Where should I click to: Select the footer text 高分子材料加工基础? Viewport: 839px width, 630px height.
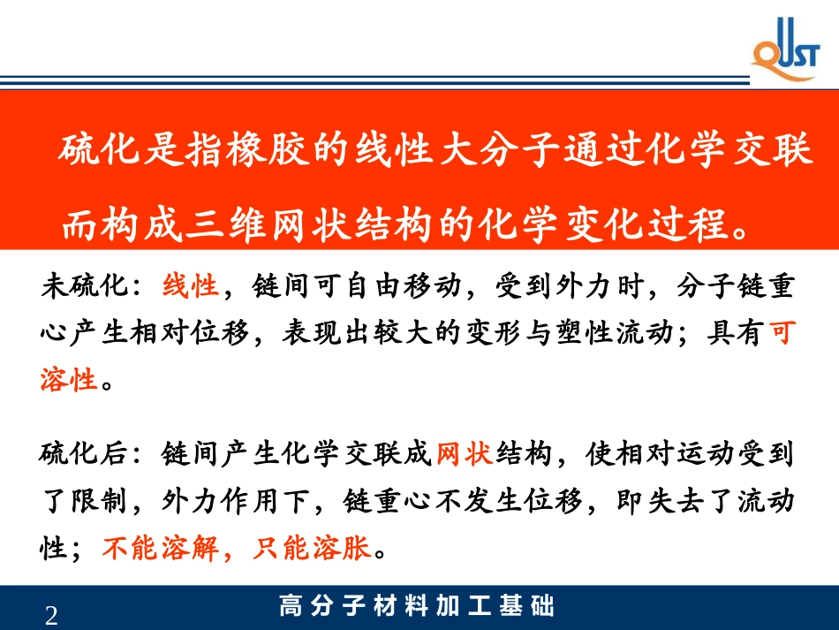click(417, 607)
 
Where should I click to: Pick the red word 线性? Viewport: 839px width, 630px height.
click(191, 286)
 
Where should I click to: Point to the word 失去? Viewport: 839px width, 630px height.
click(662, 503)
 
